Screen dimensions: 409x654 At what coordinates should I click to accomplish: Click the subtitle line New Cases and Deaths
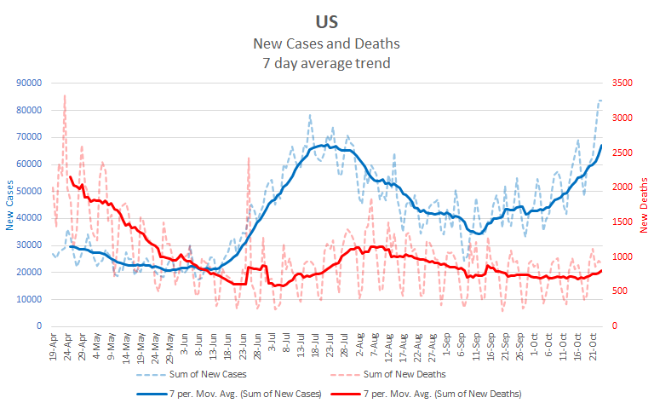tap(326, 43)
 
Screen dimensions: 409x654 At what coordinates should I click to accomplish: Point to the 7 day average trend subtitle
tap(326, 62)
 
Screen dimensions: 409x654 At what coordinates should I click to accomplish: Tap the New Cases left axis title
tap(10, 204)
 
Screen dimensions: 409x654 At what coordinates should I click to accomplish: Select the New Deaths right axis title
tap(644, 204)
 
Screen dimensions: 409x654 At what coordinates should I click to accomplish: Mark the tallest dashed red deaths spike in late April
tap(65, 96)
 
